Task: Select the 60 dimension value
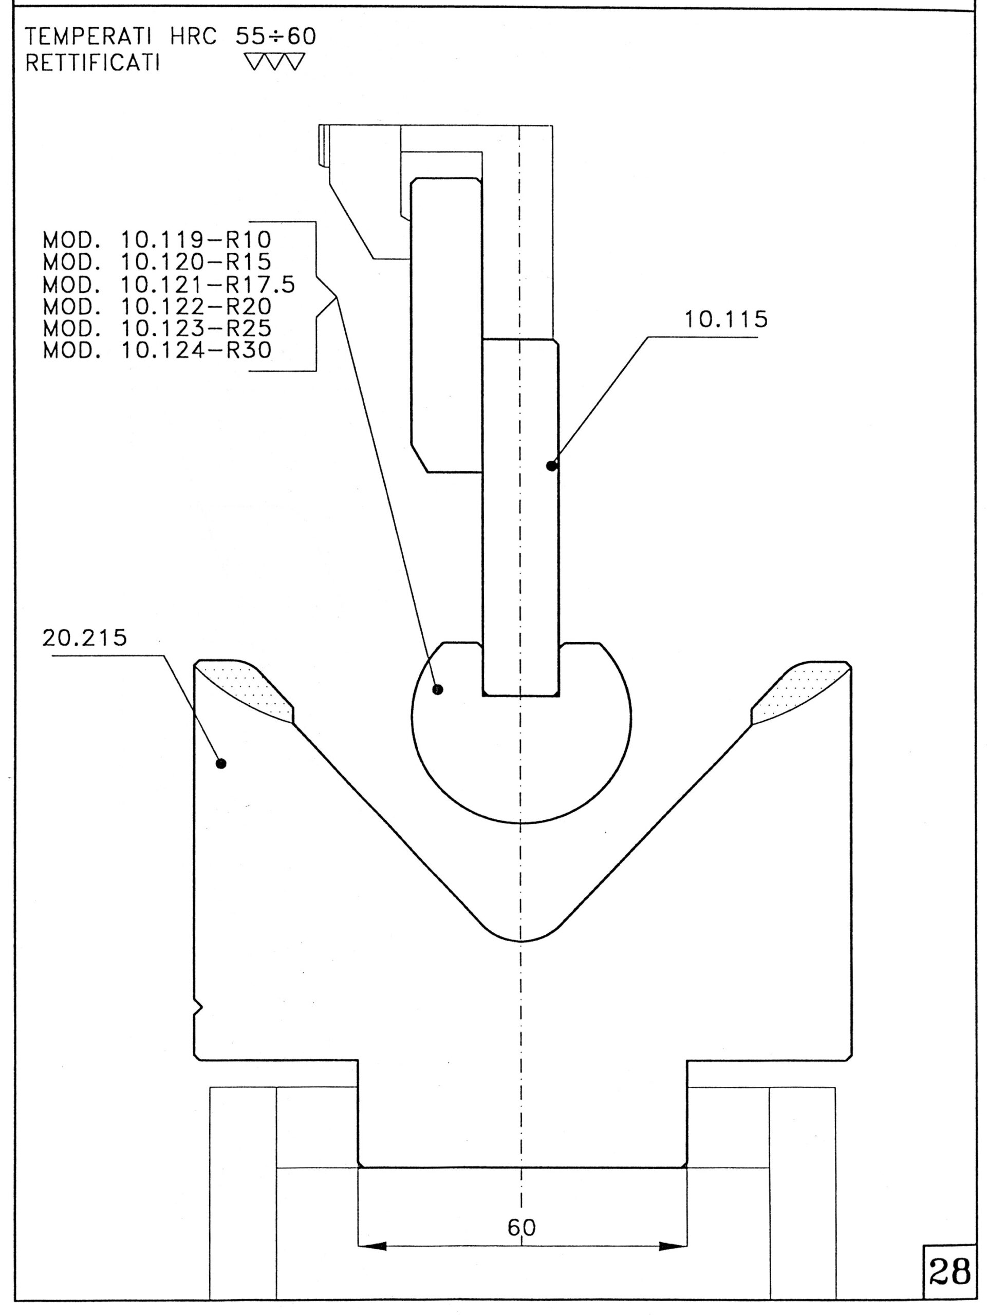pyautogui.click(x=522, y=1227)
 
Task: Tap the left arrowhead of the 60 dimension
pyautogui.click(x=373, y=1246)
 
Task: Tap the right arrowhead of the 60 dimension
pyautogui.click(x=673, y=1246)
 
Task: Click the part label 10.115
pyautogui.click(x=726, y=320)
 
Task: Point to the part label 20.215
pyautogui.click(x=84, y=638)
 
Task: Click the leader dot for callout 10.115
pyautogui.click(x=552, y=465)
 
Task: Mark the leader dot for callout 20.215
pyautogui.click(x=221, y=763)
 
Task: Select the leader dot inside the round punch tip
pyautogui.click(x=438, y=689)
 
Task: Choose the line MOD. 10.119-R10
pyautogui.click(x=157, y=240)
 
